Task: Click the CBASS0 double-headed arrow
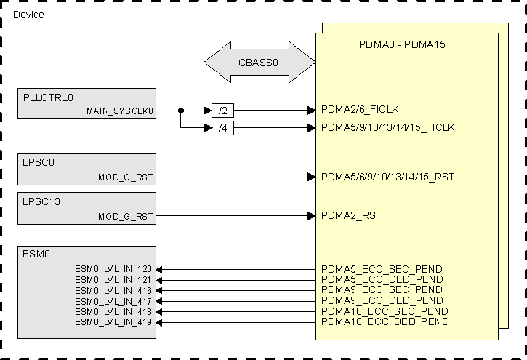pyautogui.click(x=259, y=63)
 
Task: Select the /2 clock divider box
pyautogui.click(x=222, y=111)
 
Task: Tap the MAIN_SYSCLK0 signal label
pyautogui.click(x=120, y=111)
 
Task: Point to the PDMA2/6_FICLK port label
pyautogui.click(x=360, y=111)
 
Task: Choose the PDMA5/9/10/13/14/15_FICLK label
pyautogui.click(x=387, y=127)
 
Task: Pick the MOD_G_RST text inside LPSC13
pyautogui.click(x=125, y=216)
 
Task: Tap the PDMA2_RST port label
pyautogui.click(x=351, y=215)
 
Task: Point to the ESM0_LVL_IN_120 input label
pyautogui.click(x=113, y=269)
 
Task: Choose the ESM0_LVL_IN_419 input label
pyautogui.click(x=113, y=321)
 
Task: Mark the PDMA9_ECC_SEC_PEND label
pyautogui.click(x=382, y=290)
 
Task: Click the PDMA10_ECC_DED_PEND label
pyautogui.click(x=385, y=321)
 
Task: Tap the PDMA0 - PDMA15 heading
pyautogui.click(x=402, y=44)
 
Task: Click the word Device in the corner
pyautogui.click(x=28, y=15)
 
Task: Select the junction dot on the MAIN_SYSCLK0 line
pyautogui.click(x=180, y=111)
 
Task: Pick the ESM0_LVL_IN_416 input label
pyautogui.click(x=113, y=290)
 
